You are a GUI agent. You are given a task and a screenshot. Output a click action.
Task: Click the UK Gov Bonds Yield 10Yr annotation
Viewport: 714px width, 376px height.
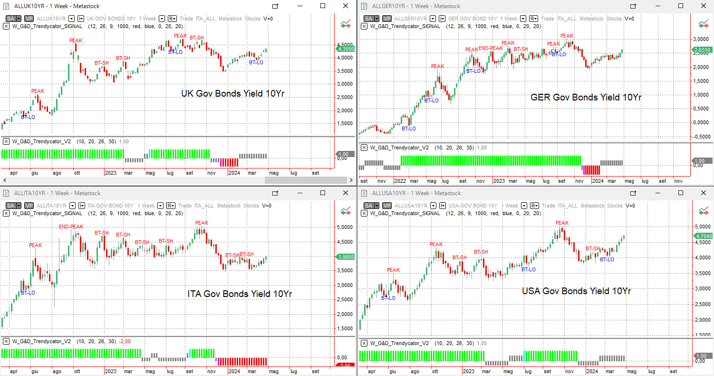click(x=232, y=94)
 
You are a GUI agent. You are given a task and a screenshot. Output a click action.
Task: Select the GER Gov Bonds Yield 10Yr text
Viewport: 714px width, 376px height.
click(x=586, y=98)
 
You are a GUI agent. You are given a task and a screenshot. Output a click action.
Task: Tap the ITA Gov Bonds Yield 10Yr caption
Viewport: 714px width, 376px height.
click(x=240, y=294)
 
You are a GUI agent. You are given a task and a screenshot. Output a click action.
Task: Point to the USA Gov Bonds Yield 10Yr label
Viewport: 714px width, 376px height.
click(x=576, y=291)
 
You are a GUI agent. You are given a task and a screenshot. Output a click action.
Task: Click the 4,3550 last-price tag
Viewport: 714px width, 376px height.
click(x=346, y=49)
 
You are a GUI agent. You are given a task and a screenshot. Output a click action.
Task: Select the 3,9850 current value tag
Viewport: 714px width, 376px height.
click(x=346, y=257)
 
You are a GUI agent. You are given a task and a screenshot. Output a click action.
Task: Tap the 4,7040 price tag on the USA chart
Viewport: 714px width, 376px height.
click(x=703, y=236)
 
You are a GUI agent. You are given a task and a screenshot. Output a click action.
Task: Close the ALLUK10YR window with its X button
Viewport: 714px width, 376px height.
click(x=346, y=6)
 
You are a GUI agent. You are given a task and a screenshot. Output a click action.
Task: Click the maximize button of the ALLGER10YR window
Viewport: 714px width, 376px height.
click(x=681, y=6)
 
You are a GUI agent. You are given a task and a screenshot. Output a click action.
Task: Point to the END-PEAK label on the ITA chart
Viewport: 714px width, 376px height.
click(x=71, y=227)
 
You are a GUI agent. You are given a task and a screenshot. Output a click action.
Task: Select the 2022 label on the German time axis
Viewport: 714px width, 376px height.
click(x=400, y=181)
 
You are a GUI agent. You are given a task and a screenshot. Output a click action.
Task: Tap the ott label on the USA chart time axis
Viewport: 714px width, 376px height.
click(x=434, y=371)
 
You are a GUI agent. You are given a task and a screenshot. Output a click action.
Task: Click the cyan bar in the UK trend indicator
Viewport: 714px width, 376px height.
click(x=149, y=154)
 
